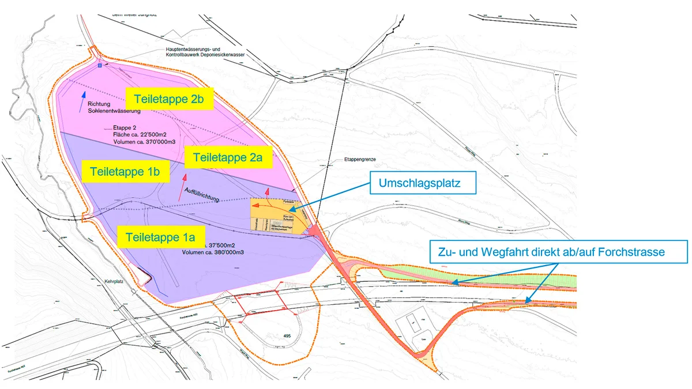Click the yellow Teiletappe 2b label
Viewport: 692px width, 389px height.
(x=170, y=99)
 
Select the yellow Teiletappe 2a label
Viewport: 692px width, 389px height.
(x=229, y=157)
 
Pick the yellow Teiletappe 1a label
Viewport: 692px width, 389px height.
(x=160, y=236)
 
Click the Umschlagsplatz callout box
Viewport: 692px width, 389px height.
(x=423, y=184)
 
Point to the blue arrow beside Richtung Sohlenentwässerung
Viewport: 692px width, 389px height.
(x=84, y=96)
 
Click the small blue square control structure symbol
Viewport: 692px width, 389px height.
(x=100, y=66)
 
